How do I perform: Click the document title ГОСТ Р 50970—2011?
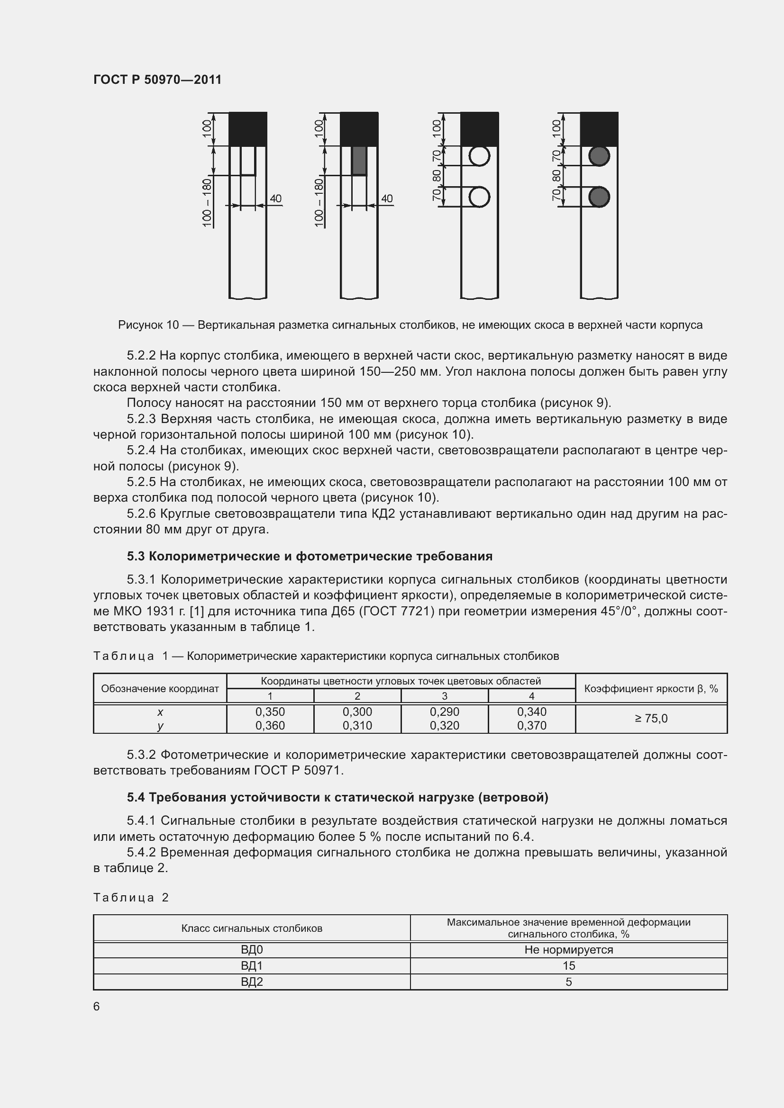[157, 80]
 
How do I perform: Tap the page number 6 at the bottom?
[97, 1006]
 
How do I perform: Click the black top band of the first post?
[247, 129]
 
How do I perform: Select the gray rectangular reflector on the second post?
[359, 161]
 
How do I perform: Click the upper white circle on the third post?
[479, 156]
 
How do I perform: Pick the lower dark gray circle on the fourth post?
[599, 197]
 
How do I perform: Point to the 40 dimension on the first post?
[276, 198]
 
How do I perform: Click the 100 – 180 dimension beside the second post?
[318, 203]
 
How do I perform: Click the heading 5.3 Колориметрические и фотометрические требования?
[310, 557]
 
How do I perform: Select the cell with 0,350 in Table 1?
[270, 712]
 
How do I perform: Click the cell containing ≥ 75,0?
[651, 719]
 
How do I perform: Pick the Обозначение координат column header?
[160, 689]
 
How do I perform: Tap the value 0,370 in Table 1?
[531, 725]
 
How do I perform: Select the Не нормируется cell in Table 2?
[568, 950]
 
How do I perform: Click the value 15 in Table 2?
[568, 965]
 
